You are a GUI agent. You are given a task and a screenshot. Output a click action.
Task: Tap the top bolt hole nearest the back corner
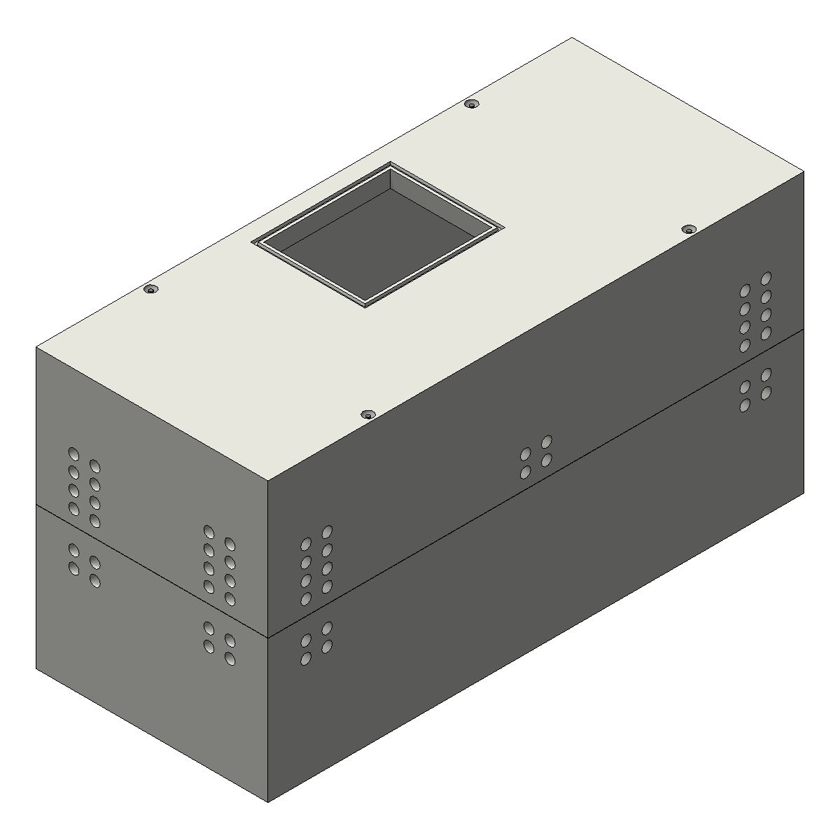(472, 104)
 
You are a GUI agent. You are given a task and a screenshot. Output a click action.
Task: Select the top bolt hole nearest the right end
(689, 230)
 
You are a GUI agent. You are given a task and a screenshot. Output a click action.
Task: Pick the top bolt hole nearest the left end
(150, 289)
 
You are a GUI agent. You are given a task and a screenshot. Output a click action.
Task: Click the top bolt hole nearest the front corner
(367, 414)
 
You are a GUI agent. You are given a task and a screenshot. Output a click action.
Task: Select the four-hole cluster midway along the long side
(535, 457)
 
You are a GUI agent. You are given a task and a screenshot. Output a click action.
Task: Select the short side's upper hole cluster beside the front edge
(219, 564)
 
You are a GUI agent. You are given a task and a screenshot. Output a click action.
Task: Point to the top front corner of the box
(269, 481)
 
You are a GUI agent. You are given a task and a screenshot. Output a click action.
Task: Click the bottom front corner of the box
(269, 802)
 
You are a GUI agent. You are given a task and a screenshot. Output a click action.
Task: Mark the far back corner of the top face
(572, 38)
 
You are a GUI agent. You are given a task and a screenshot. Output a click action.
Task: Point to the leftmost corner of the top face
(36, 347)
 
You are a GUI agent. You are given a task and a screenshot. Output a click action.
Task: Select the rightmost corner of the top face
(804, 171)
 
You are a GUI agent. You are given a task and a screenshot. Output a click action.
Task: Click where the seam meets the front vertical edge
(269, 637)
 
